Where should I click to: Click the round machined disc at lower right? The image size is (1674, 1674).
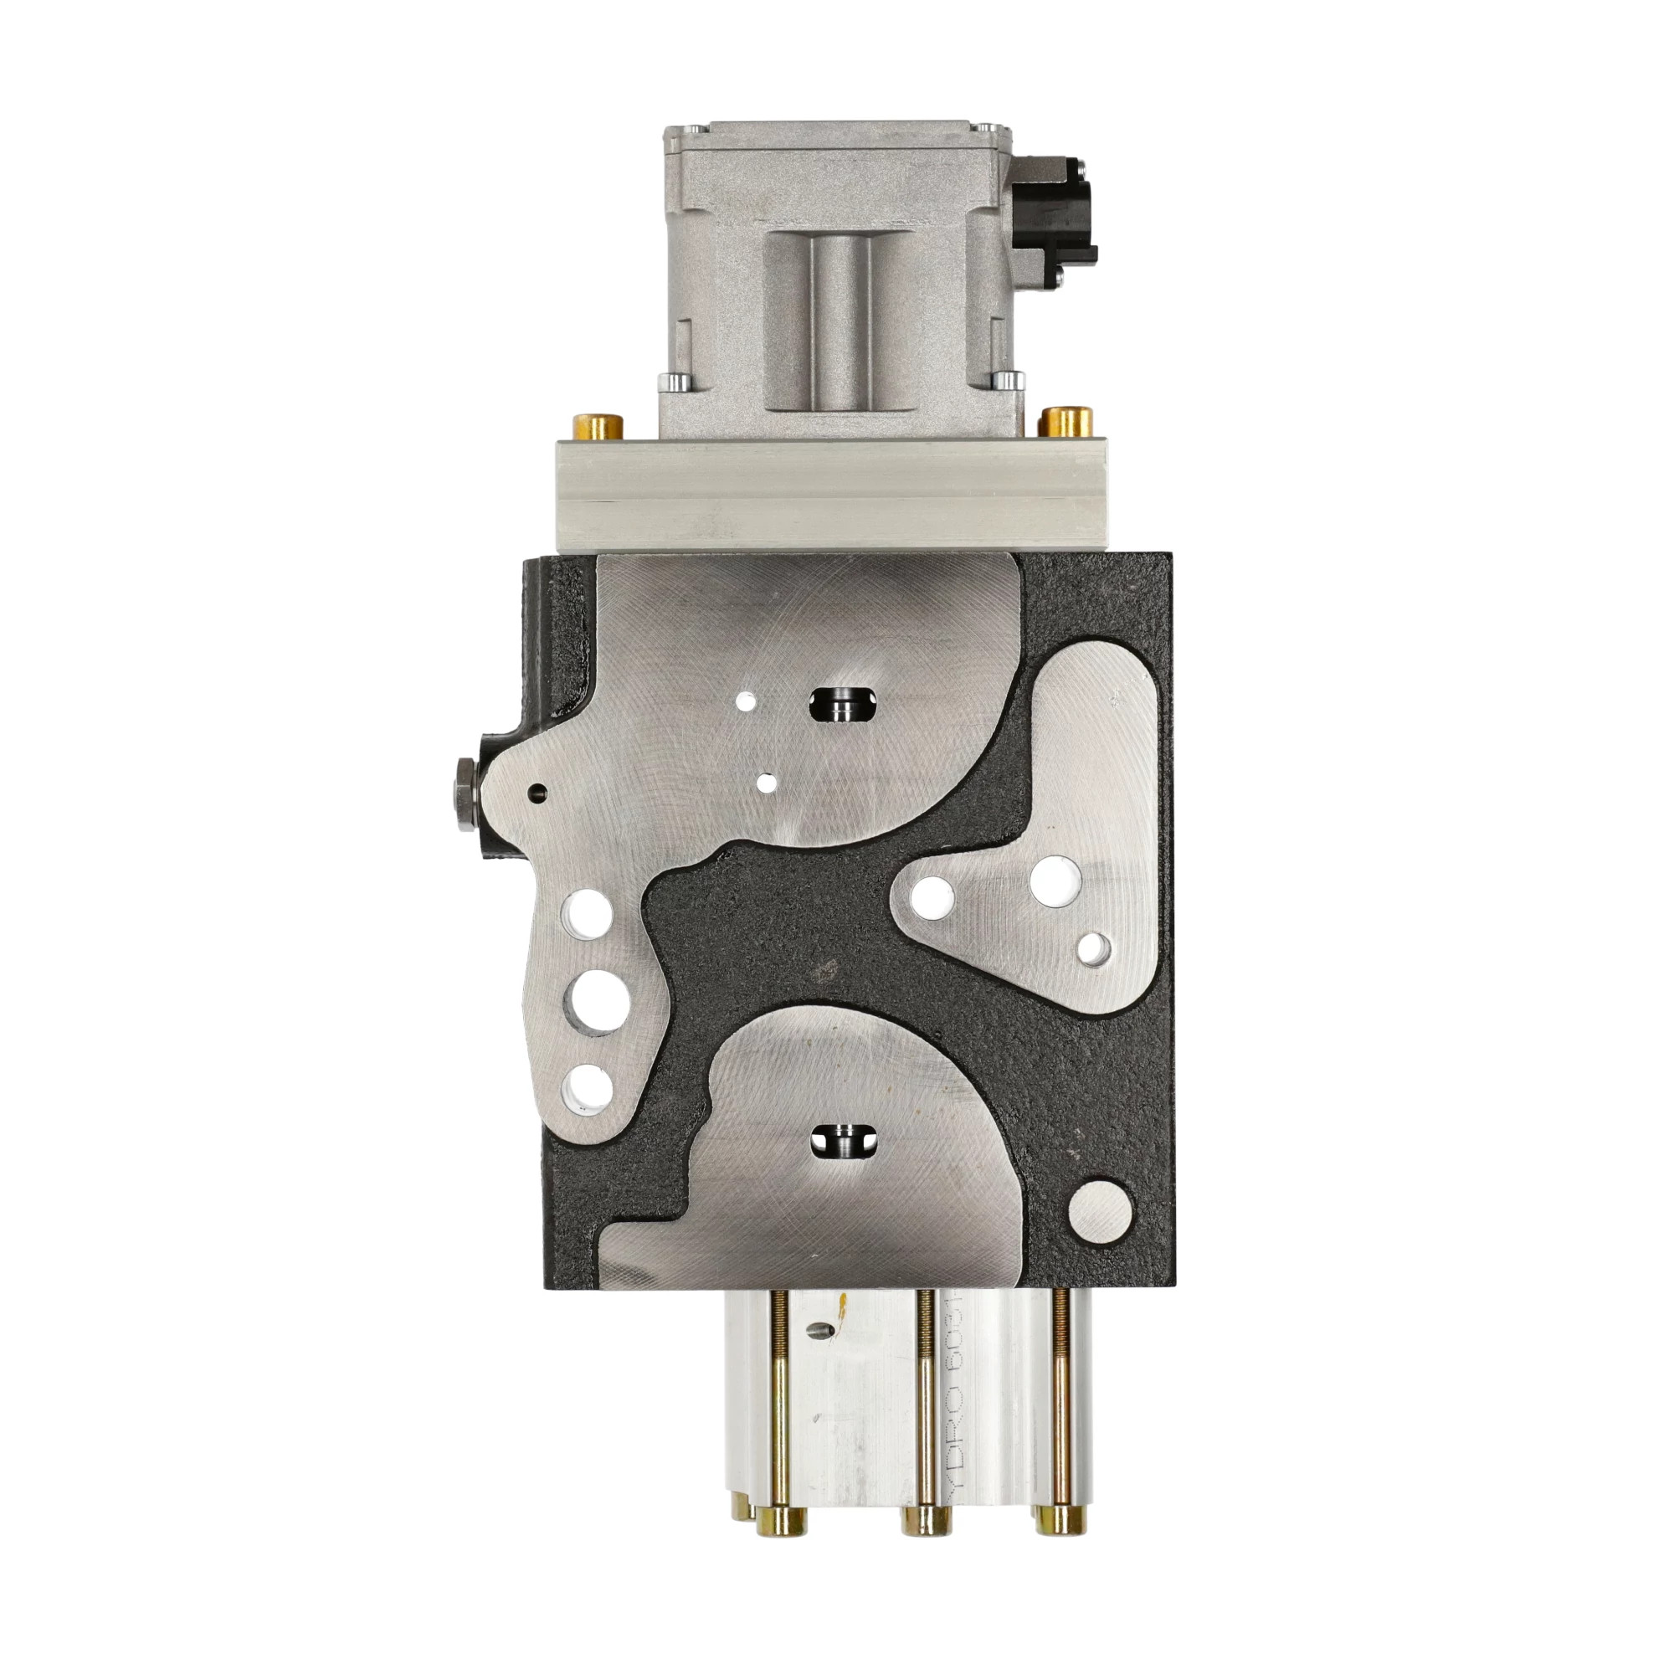(x=1101, y=1209)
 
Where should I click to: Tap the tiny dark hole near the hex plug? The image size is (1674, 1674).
(x=539, y=790)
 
